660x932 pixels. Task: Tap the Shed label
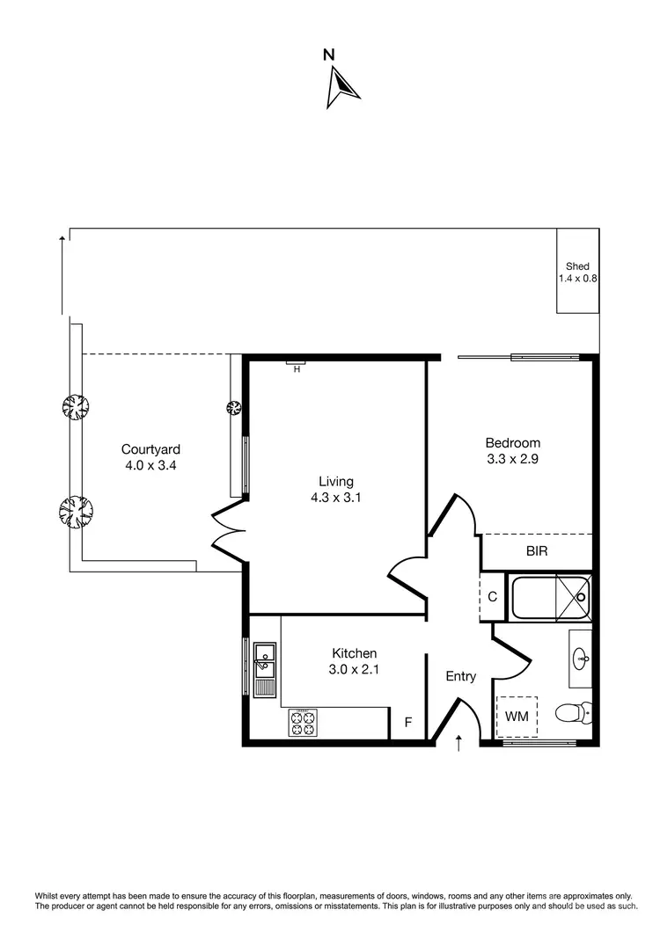(x=577, y=266)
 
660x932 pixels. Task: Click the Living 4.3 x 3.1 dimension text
(x=336, y=497)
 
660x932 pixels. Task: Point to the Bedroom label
(x=512, y=443)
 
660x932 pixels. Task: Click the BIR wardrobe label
(x=537, y=552)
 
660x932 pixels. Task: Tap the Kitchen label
(x=354, y=653)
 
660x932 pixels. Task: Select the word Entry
(x=460, y=676)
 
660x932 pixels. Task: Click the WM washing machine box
(x=517, y=717)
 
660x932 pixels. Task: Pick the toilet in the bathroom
(x=570, y=713)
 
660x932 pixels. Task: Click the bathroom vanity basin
(x=580, y=658)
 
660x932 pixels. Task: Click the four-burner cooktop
(x=302, y=723)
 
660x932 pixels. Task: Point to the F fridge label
(x=407, y=723)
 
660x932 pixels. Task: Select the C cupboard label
(x=492, y=597)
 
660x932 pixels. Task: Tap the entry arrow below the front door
(x=458, y=744)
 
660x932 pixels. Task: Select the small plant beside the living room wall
(x=234, y=407)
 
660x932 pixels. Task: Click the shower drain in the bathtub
(x=580, y=598)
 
